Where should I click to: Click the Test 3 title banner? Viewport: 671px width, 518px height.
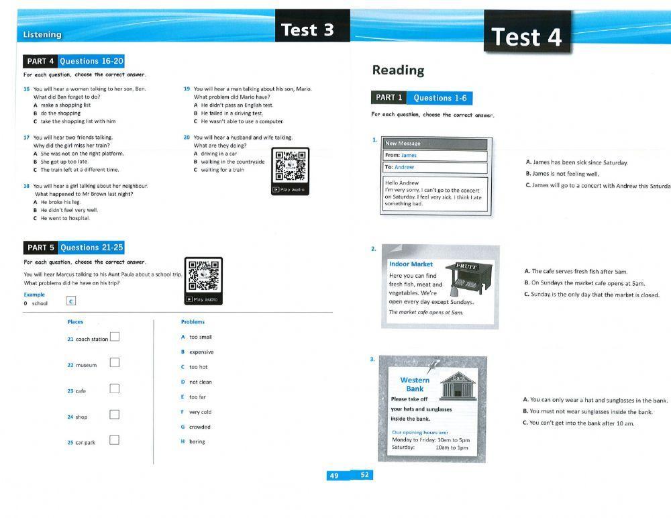[307, 30]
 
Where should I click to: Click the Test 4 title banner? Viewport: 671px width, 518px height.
[526, 37]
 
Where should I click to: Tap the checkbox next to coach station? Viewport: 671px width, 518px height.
[115, 337]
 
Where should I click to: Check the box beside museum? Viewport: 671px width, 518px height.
[115, 362]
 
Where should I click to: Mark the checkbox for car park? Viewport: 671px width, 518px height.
[115, 440]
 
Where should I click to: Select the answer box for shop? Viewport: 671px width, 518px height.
[115, 414]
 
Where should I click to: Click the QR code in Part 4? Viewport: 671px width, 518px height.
[290, 166]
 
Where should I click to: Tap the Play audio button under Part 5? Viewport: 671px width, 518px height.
[203, 299]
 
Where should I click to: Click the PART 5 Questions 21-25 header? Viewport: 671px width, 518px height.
[74, 248]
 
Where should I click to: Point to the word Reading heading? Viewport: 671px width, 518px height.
[398, 70]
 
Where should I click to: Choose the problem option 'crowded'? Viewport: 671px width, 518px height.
[199, 427]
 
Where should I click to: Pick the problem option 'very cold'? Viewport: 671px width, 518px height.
[200, 412]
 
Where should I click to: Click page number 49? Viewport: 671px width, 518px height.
[333, 476]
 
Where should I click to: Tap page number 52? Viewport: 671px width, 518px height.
[364, 475]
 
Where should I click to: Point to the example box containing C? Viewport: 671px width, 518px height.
[71, 302]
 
